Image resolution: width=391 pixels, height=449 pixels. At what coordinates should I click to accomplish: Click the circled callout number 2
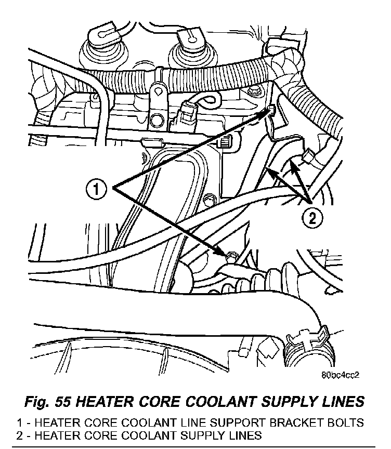click(x=311, y=217)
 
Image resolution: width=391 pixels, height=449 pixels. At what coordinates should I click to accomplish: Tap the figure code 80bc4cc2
click(x=340, y=373)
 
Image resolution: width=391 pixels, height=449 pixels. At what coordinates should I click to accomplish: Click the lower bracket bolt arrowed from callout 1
click(x=232, y=255)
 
